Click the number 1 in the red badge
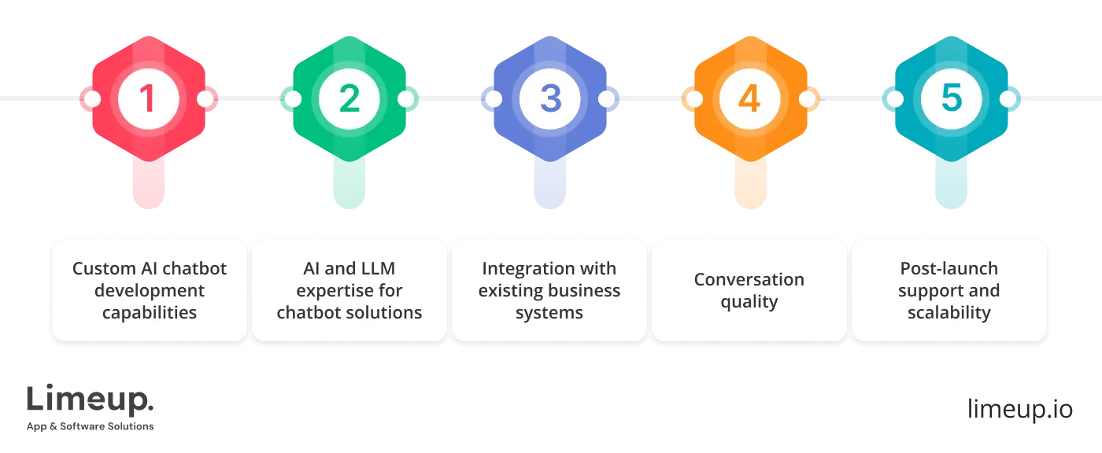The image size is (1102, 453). pos(148,99)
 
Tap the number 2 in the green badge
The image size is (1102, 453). pos(349,99)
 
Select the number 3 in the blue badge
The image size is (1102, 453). pos(549,99)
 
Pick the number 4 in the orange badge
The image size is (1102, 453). pos(749,99)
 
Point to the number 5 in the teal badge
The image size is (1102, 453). pos(951,99)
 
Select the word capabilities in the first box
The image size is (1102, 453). pos(150,312)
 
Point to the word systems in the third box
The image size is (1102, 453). pos(549,312)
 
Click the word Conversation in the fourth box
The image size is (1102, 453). pos(749,280)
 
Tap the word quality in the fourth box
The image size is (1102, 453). pos(749,301)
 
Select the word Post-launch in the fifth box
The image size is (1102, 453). pos(949,269)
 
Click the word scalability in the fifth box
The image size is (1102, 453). pos(949,312)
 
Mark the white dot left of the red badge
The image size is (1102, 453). pos(91,99)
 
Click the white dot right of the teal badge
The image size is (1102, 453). pos(1008,99)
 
